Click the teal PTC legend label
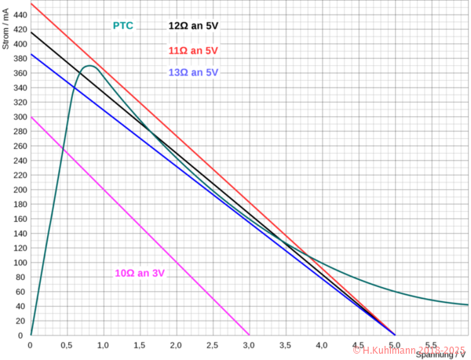[x=123, y=26]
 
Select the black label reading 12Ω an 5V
[x=192, y=26]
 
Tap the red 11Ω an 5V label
[x=192, y=50]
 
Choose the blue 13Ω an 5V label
[x=192, y=72]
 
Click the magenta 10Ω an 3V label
[x=141, y=273]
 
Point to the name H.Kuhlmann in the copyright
[x=390, y=350]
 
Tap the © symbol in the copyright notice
[x=357, y=350]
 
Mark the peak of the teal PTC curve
[x=89, y=66]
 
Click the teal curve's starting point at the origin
[x=31, y=334]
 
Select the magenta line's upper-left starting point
[x=31, y=117]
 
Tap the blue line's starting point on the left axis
[x=31, y=53]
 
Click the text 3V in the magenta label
[x=158, y=273]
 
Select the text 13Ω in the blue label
[x=177, y=72]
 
